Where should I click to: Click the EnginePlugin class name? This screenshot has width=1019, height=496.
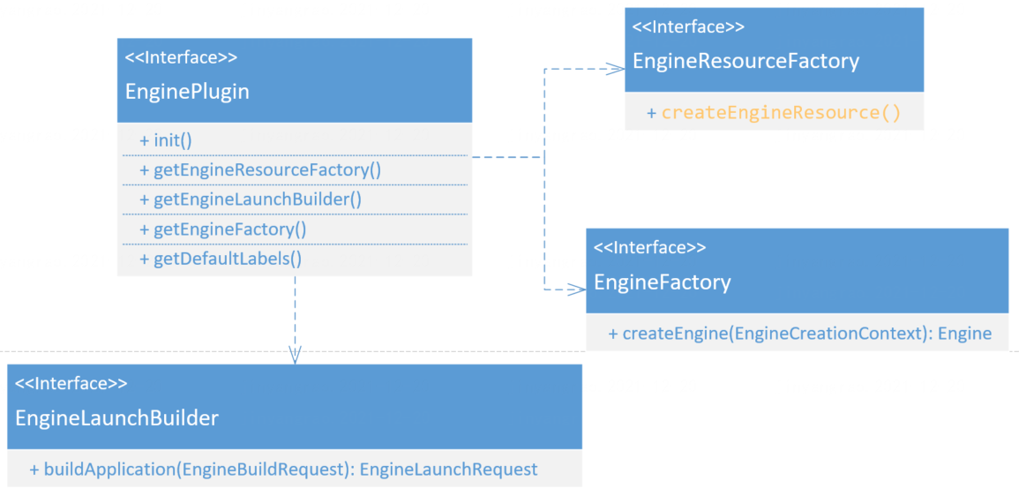(187, 91)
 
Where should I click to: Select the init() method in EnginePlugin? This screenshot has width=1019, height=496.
(166, 140)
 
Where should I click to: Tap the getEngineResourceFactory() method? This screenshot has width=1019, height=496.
(260, 169)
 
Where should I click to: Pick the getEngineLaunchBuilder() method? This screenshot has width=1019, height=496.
(251, 199)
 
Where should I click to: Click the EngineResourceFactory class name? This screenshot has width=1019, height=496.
(746, 61)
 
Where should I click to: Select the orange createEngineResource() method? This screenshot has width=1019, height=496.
(781, 113)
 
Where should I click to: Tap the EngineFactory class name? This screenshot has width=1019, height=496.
(663, 282)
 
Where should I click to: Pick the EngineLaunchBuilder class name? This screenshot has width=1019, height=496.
(116, 417)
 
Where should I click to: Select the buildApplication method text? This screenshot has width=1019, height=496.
(190, 470)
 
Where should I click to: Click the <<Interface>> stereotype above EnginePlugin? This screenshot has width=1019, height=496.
(181, 58)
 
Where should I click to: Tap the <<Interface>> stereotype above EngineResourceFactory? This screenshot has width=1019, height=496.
(688, 27)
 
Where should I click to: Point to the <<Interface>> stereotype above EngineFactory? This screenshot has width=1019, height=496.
(650, 248)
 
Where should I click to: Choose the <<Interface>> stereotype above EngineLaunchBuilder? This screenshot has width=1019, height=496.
(71, 384)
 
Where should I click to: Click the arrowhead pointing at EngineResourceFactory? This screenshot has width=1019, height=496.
(616, 68)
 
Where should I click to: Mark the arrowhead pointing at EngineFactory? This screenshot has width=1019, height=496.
(577, 289)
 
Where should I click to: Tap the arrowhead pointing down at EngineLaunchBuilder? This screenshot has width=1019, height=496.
(295, 355)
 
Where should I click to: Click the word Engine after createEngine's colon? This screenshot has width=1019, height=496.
(964, 334)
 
